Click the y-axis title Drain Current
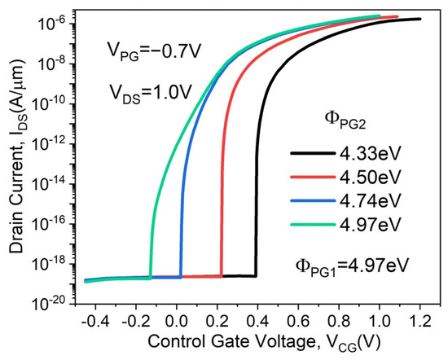[15, 155]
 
